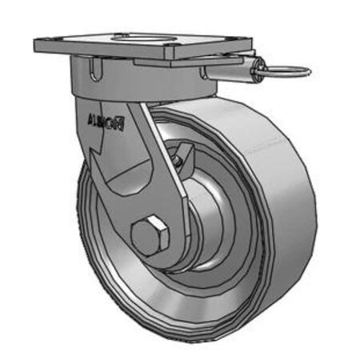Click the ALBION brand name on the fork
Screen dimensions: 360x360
pos(104,122)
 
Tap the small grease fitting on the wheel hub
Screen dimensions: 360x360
pos(178,159)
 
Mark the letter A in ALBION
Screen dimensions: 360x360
pos(88,122)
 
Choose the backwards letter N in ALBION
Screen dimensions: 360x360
pos(121,124)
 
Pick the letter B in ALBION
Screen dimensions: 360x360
pos(102,122)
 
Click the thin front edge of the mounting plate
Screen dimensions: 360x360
pos(104,52)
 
